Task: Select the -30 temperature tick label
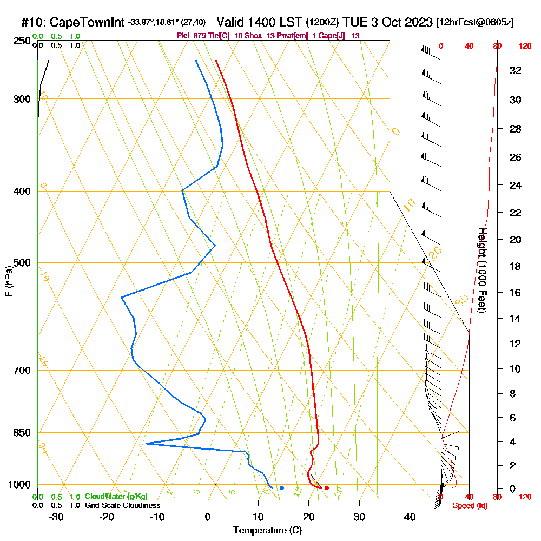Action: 56,517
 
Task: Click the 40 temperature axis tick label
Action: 410,517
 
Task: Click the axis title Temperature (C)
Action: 267,531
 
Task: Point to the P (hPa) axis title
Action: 8,281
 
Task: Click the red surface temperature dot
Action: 326,488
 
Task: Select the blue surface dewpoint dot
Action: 282,488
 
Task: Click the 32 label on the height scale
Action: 515,70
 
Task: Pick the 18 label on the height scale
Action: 515,266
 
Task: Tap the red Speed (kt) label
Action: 468,506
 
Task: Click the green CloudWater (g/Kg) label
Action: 116,497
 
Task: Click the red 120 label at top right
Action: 524,47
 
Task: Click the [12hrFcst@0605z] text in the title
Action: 475,23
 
